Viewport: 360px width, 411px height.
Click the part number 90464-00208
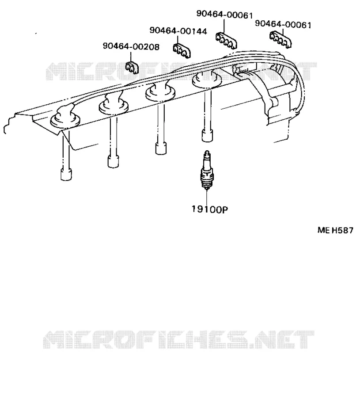[x=131, y=47]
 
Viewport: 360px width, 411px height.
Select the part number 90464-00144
[x=178, y=31]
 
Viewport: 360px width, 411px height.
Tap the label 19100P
[x=210, y=209]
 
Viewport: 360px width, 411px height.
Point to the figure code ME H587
[x=335, y=230]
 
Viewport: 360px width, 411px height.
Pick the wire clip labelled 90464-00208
[x=132, y=68]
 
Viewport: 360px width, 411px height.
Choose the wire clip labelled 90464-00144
[x=182, y=50]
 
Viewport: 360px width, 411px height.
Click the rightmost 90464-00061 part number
[x=283, y=24]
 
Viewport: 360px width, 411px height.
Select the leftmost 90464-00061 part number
[x=224, y=15]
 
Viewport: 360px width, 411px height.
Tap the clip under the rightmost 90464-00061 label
[x=280, y=39]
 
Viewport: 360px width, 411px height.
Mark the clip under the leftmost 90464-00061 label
[x=226, y=41]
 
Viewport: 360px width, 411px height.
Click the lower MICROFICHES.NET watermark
[x=179, y=339]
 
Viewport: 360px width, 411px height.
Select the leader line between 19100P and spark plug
[x=207, y=197]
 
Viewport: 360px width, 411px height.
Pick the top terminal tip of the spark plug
[x=207, y=152]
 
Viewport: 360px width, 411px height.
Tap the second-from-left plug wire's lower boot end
[x=113, y=162]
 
